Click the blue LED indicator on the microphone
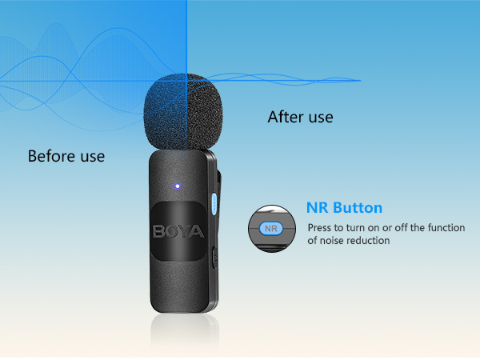178,186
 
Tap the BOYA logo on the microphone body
178,231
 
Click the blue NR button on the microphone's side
214,203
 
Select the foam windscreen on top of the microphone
183,112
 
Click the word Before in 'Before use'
51,156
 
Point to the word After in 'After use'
286,117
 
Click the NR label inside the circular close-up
271,229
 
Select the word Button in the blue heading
358,207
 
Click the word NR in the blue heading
317,207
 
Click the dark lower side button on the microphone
215,256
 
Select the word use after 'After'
321,118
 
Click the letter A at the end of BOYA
197,232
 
